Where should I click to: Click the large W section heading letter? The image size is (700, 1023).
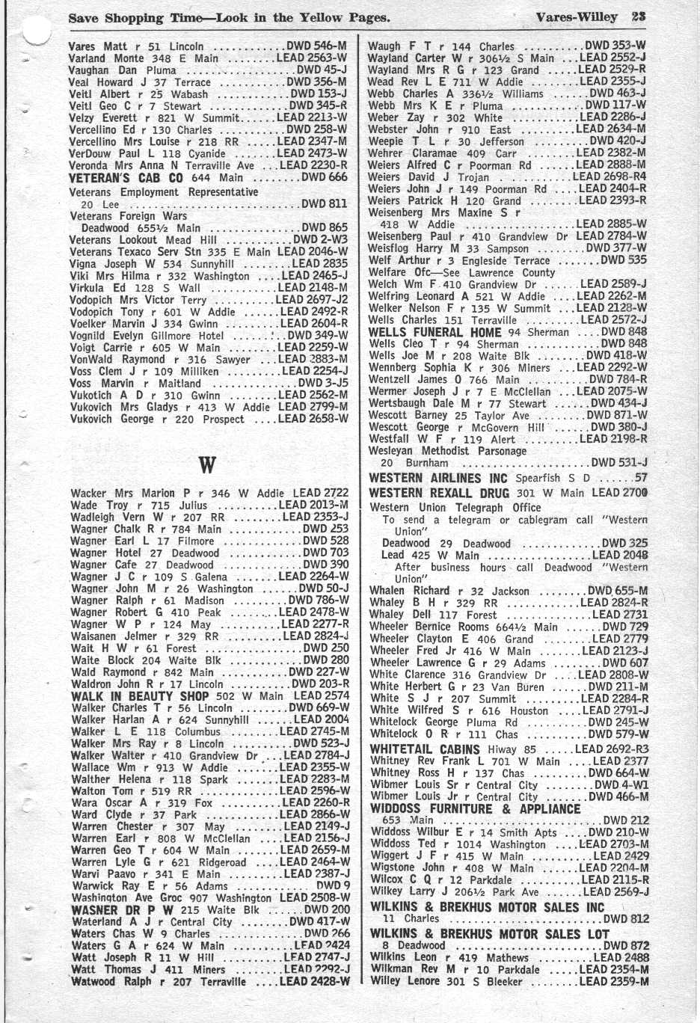pyautogui.click(x=207, y=465)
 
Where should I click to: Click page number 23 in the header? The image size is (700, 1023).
pyautogui.click(x=638, y=16)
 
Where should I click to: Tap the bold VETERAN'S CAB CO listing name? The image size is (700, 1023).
pyautogui.click(x=126, y=178)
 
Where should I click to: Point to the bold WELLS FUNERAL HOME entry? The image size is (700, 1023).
pyautogui.click(x=435, y=332)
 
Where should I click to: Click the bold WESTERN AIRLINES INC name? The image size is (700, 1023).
pyautogui.click(x=437, y=478)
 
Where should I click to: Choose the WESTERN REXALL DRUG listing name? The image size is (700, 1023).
pyautogui.click(x=440, y=493)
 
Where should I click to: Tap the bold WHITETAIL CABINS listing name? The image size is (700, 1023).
pyautogui.click(x=424, y=749)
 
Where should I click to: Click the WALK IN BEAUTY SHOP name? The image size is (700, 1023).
pyautogui.click(x=140, y=696)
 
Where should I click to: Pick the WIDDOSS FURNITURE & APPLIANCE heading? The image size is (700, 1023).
pyautogui.click(x=475, y=808)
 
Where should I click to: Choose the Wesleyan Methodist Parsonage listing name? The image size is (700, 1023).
pyautogui.click(x=447, y=451)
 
